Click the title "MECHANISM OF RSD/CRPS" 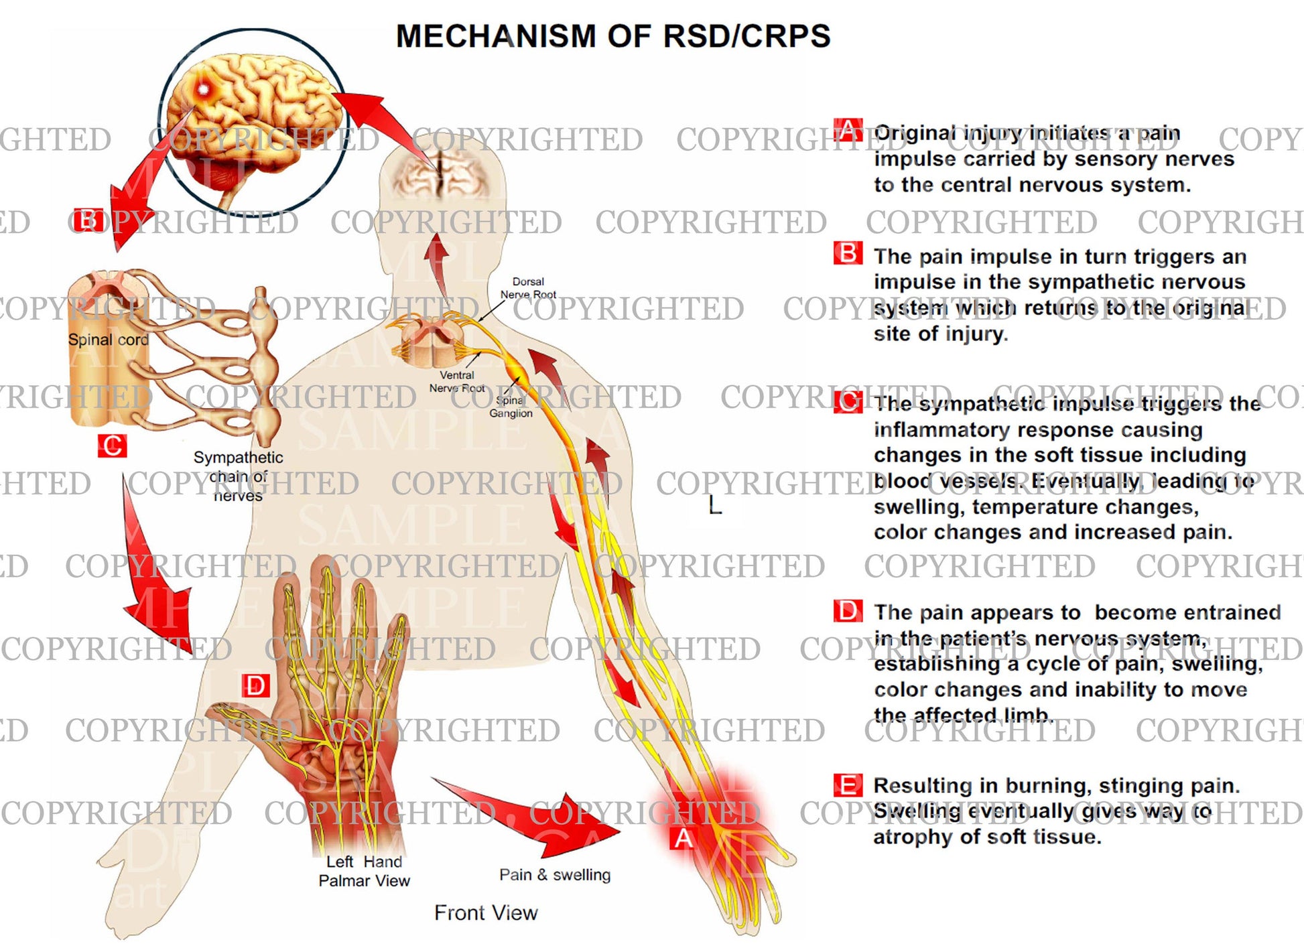(613, 36)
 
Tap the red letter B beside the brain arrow (87, 220)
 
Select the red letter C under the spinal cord (112, 446)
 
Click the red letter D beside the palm (255, 686)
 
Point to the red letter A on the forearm (683, 838)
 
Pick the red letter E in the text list (848, 785)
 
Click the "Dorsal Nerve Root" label (528, 288)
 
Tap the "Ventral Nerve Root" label (457, 381)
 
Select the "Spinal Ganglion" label (511, 407)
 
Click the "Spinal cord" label (108, 340)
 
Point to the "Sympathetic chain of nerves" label (238, 476)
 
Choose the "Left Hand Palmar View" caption (364, 871)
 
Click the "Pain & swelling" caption (555, 874)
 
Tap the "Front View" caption (486, 912)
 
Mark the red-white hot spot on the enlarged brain (202, 88)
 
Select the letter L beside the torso (715, 505)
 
